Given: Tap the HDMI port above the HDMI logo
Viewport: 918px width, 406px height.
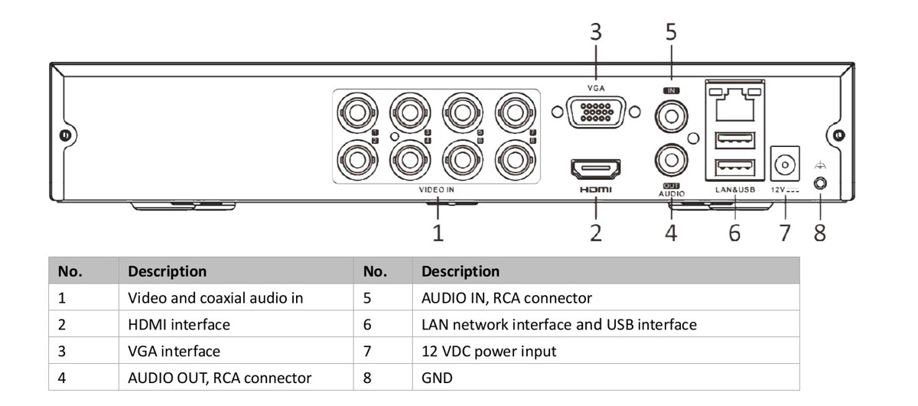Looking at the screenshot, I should pyautogui.click(x=595, y=168).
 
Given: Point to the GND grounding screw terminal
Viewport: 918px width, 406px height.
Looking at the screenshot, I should pyautogui.click(x=821, y=184).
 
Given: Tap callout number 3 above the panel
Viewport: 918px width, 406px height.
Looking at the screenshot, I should pyautogui.click(x=595, y=33).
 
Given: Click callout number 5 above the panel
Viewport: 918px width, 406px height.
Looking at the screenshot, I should pyautogui.click(x=671, y=33).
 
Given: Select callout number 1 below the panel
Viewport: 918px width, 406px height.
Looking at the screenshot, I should pyautogui.click(x=438, y=232).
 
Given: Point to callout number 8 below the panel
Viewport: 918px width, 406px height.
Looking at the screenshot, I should pyautogui.click(x=819, y=232).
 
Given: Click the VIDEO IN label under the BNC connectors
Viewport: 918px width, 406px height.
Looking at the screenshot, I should pyautogui.click(x=437, y=189).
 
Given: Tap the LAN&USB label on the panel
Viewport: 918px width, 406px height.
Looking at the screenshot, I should pyautogui.click(x=734, y=188).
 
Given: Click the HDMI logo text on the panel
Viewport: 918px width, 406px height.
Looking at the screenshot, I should pyautogui.click(x=595, y=189).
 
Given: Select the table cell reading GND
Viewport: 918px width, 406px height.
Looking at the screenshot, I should pyautogui.click(x=437, y=378).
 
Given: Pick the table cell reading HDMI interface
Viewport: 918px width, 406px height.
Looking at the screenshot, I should pyautogui.click(x=179, y=324).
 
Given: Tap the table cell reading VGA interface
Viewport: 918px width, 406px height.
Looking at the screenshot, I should pyautogui.click(x=174, y=351).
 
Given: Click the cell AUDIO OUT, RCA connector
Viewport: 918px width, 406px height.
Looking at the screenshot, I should pyautogui.click(x=220, y=378).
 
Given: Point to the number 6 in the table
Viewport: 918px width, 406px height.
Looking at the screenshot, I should pyautogui.click(x=368, y=324).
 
